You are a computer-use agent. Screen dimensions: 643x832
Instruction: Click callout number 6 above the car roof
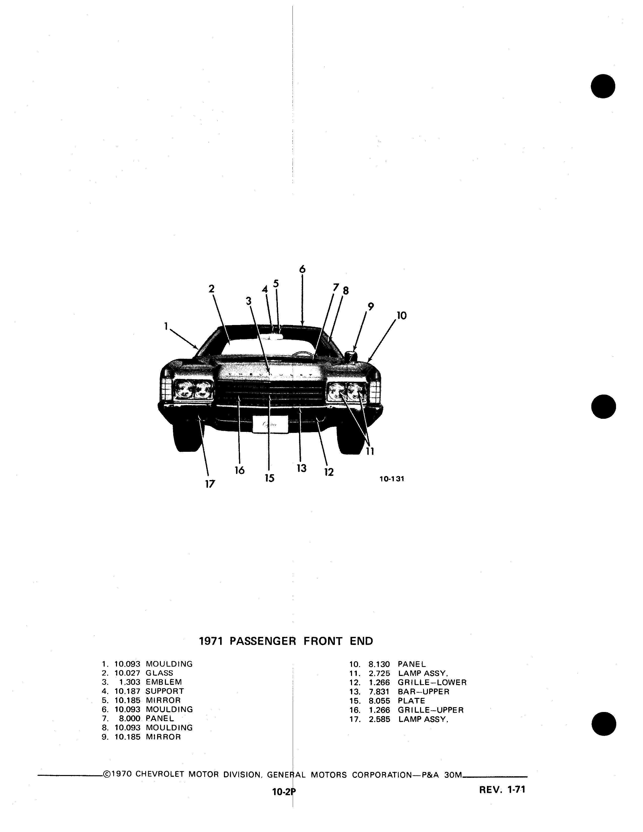(x=302, y=269)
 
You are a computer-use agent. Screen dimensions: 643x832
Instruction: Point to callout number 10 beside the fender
(x=401, y=315)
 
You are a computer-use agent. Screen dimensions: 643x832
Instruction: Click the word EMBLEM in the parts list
(x=164, y=682)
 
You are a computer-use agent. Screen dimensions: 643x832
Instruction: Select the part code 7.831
(x=379, y=691)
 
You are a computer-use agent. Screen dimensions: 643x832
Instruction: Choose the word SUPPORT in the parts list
(x=165, y=691)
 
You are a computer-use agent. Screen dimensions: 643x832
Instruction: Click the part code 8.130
(x=379, y=664)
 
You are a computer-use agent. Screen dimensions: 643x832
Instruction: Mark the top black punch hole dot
(x=603, y=86)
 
